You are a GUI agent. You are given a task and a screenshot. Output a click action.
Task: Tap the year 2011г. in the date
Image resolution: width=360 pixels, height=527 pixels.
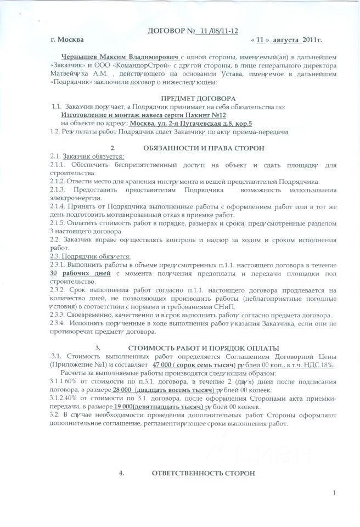[x=311, y=40]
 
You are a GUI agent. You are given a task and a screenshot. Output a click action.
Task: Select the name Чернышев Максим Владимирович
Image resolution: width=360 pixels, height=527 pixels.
[x=121, y=57]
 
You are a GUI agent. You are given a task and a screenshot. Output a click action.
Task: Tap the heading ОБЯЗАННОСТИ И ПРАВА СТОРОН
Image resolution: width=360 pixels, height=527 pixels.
[x=204, y=148]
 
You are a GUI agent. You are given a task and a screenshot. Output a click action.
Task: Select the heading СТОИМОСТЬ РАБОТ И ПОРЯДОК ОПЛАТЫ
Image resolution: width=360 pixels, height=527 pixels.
[x=204, y=348]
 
